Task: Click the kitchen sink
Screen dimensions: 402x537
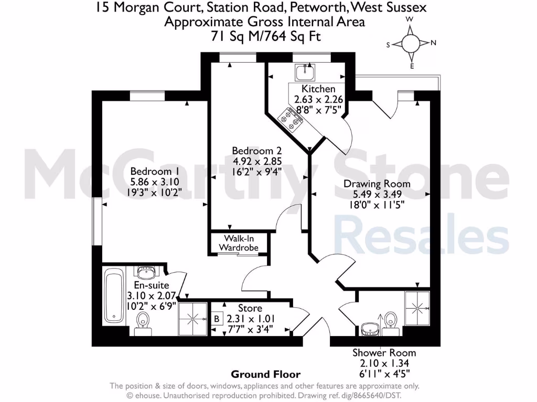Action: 303,72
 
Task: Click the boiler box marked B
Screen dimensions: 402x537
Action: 217,318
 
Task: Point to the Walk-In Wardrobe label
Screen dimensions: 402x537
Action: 239,242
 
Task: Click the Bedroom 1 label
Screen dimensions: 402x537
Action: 151,171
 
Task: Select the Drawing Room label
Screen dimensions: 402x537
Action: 377,184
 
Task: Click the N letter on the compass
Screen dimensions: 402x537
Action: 433,43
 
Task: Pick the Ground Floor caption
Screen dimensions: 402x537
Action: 266,374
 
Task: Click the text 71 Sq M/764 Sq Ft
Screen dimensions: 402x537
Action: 264,37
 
